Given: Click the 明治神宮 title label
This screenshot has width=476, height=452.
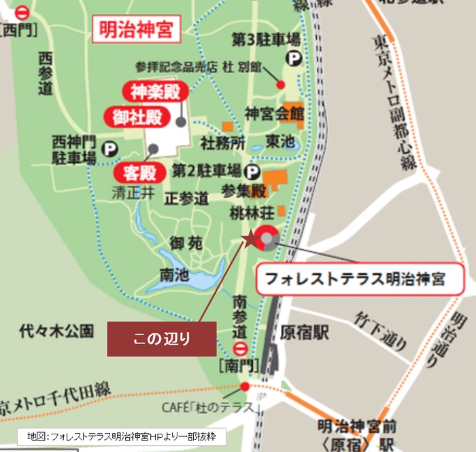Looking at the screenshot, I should point(135,30).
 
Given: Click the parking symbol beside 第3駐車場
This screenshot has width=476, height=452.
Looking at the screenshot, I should point(294,60).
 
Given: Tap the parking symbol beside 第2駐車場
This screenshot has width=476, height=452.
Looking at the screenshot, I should point(253,171).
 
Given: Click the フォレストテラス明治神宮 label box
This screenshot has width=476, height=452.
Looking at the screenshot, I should point(355,278).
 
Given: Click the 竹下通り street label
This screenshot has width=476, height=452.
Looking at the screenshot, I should point(381,330).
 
